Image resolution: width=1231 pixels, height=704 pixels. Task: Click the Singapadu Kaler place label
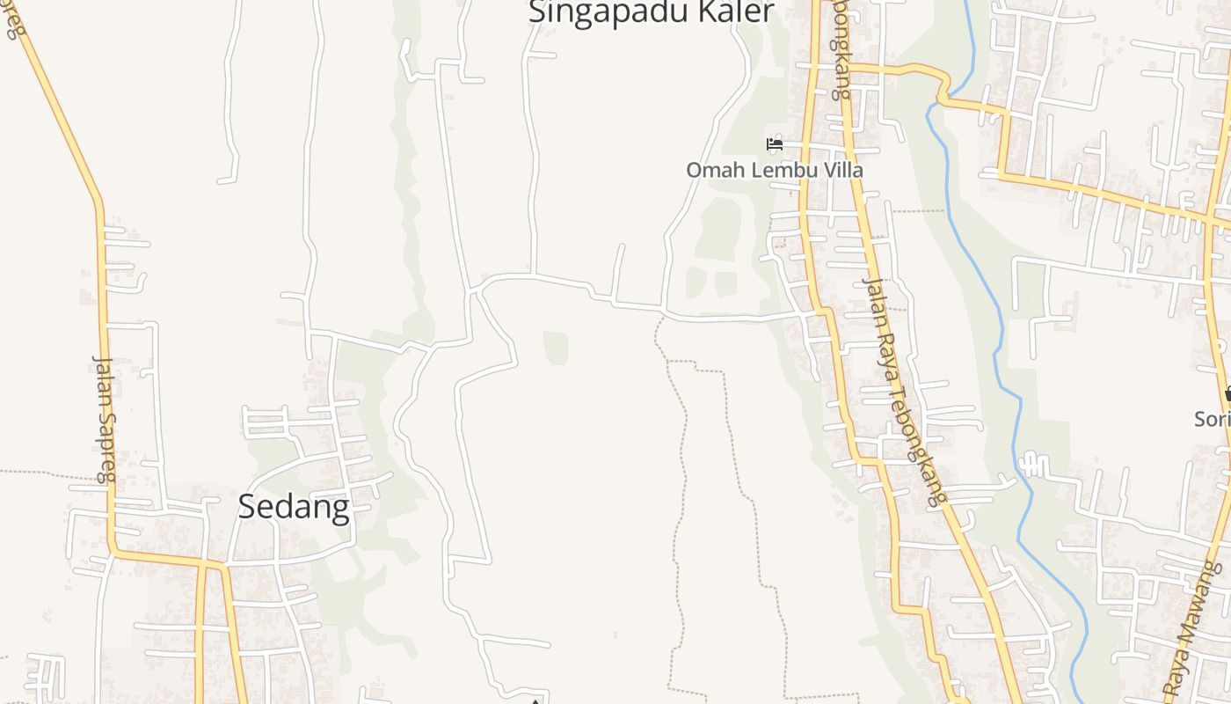(651, 12)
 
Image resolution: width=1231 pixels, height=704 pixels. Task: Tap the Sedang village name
(294, 507)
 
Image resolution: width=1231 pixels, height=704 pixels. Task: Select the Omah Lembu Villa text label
(775, 170)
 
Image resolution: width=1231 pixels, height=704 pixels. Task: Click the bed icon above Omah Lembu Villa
(775, 143)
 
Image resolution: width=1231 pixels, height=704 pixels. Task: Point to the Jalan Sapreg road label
(105, 418)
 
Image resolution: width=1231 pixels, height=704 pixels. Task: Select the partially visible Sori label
(1213, 419)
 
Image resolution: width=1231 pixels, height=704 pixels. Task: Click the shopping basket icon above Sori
(1227, 394)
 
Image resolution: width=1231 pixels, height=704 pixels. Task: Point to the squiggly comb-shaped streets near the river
(1032, 464)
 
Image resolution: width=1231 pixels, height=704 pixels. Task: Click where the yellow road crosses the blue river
(943, 92)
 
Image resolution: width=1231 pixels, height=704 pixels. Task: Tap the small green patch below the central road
(555, 347)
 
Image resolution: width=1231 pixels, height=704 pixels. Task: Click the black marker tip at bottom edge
(535, 700)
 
